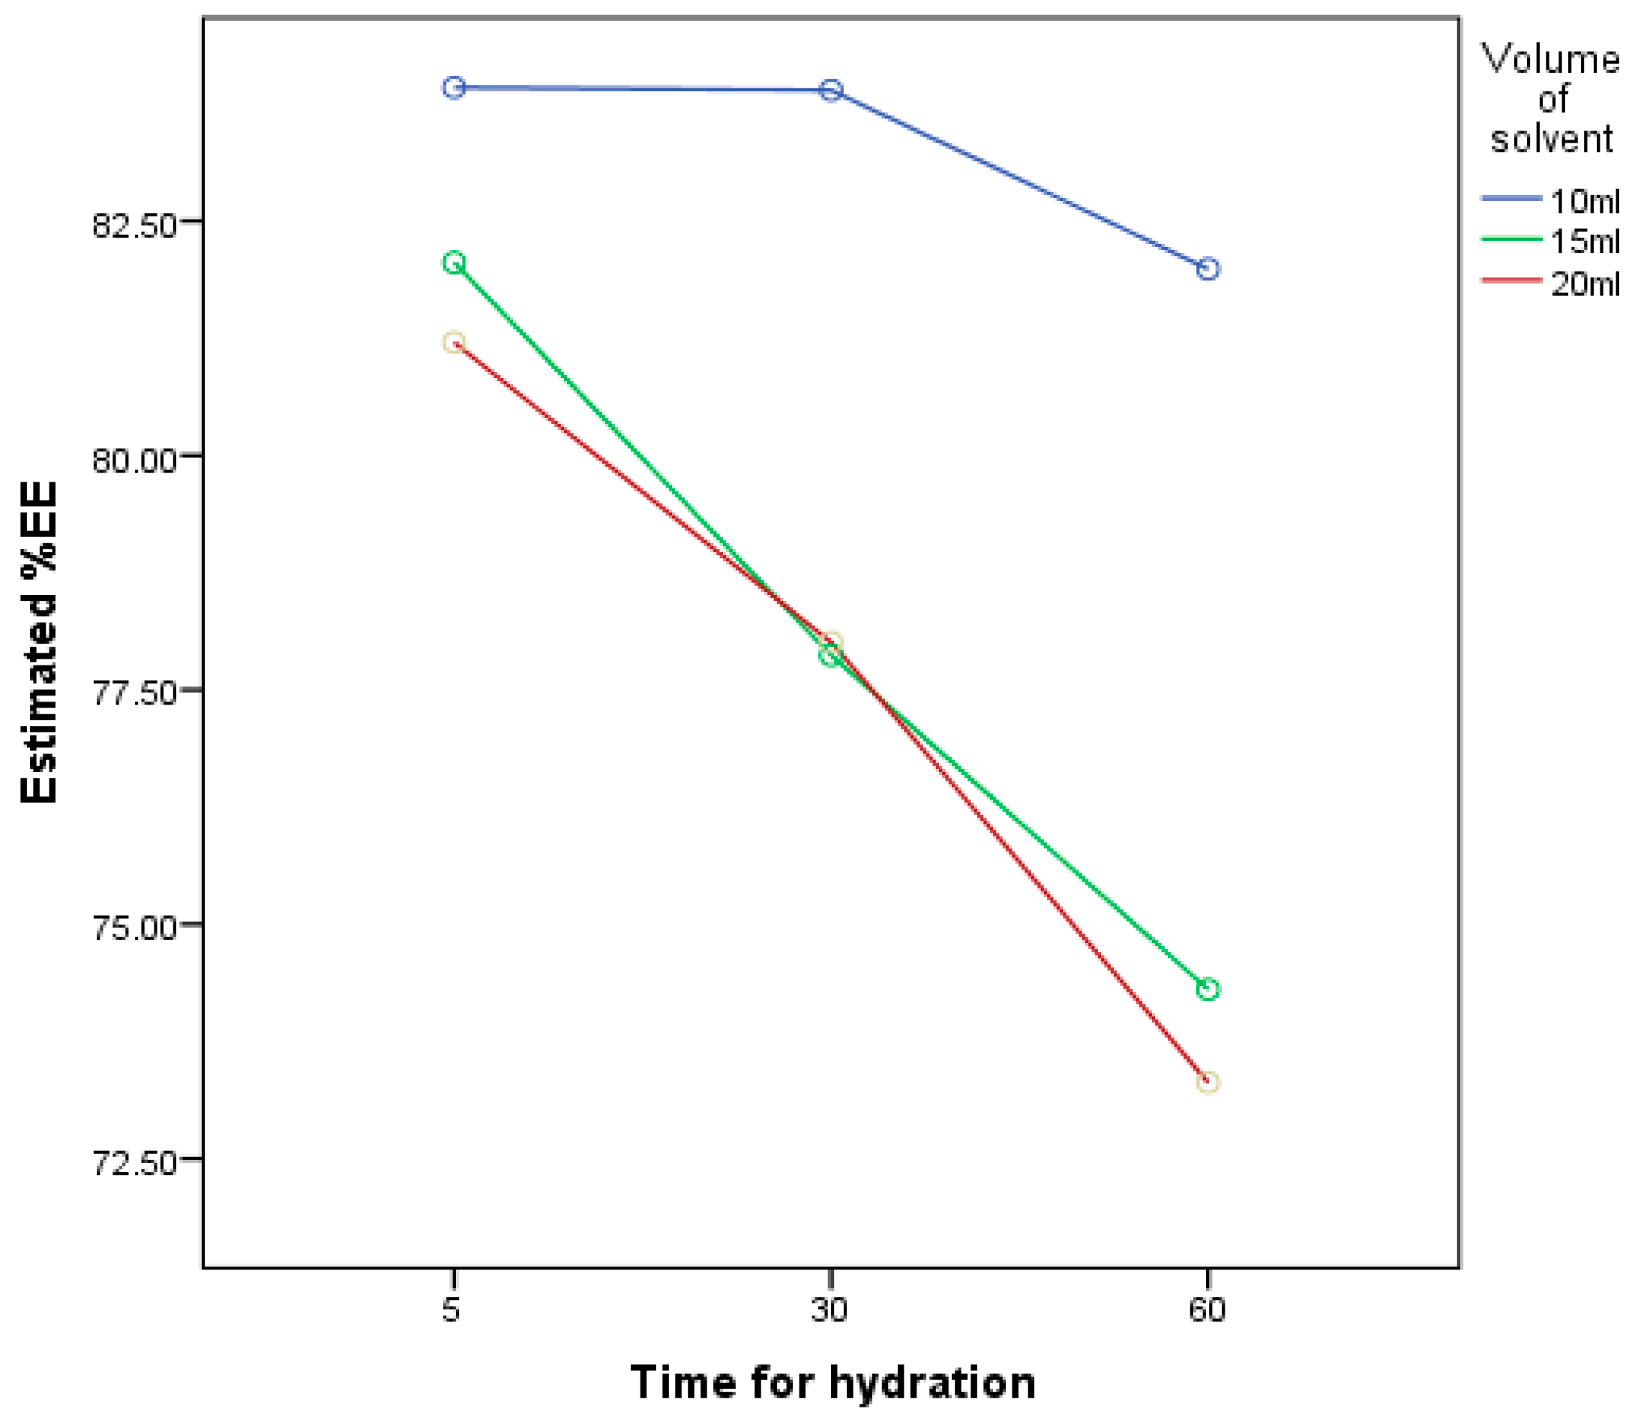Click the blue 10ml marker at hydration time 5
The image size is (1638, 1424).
[454, 88]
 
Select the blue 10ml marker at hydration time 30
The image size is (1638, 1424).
[831, 90]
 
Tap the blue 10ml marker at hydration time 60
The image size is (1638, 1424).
[1207, 269]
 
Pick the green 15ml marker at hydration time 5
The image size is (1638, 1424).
[454, 263]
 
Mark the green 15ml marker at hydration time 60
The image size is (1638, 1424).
[1207, 990]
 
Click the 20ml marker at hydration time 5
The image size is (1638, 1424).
[454, 342]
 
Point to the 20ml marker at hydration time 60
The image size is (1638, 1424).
[1207, 1083]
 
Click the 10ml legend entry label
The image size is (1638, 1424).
[1584, 201]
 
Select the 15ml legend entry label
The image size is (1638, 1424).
[1584, 241]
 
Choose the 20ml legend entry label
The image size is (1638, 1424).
[1584, 283]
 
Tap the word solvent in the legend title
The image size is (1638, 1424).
[1550, 139]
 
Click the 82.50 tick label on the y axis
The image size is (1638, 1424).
[133, 225]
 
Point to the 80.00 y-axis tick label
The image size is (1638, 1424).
[133, 459]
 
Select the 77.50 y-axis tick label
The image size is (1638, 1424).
[133, 693]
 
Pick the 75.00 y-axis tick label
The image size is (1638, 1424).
[133, 928]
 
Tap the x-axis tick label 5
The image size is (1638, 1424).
[451, 1309]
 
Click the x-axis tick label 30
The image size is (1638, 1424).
[830, 1309]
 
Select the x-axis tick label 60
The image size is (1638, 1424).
[1207, 1309]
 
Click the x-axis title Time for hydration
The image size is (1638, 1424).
[832, 1382]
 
